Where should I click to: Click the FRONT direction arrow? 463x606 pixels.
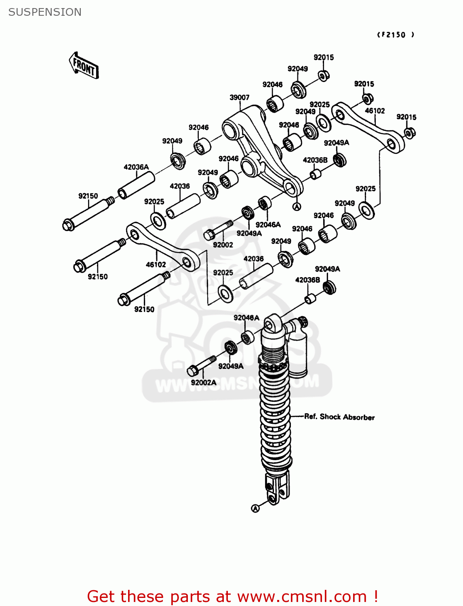click(x=84, y=65)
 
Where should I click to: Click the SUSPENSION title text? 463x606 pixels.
click(x=45, y=12)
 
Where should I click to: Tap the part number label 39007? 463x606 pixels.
click(x=239, y=97)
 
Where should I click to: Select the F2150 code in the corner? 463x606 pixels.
click(x=396, y=35)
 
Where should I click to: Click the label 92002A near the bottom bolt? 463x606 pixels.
click(x=204, y=382)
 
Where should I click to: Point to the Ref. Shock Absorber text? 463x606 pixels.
click(x=339, y=417)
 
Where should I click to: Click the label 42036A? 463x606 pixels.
click(x=136, y=167)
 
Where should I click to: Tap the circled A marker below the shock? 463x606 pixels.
click(x=255, y=508)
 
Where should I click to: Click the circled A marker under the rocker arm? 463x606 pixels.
click(x=297, y=207)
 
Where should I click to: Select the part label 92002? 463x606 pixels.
click(x=223, y=245)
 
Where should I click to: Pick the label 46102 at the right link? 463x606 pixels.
click(x=375, y=111)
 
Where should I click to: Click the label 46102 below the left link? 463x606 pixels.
click(x=156, y=265)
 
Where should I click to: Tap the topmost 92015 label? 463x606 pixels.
click(x=324, y=57)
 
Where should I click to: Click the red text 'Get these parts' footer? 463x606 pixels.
click(x=232, y=596)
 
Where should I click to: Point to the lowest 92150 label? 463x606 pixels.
click(x=144, y=309)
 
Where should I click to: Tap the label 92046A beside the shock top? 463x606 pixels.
click(x=246, y=318)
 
